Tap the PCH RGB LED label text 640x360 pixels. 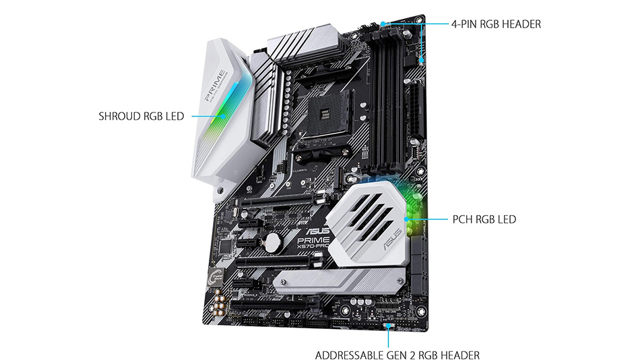click(483, 219)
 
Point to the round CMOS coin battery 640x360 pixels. click(272, 241)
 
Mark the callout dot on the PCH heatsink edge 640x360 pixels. click(408, 219)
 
